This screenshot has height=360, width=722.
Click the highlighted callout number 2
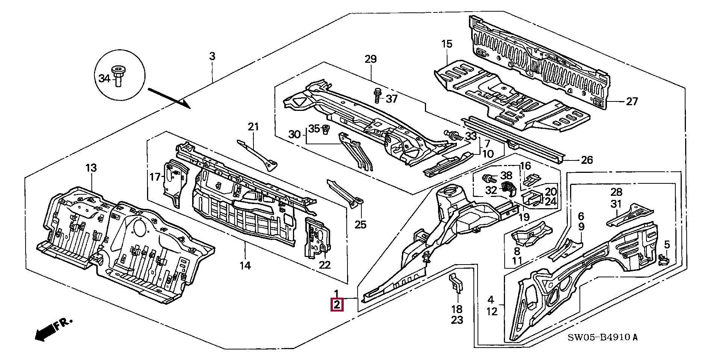(x=337, y=305)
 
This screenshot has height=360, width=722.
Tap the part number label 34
(x=104, y=79)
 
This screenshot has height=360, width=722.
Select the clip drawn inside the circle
(x=117, y=76)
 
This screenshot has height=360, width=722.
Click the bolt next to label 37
(x=377, y=95)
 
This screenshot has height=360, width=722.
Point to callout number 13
(x=91, y=168)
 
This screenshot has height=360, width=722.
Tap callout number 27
(x=632, y=101)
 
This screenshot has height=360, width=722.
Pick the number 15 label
(x=446, y=44)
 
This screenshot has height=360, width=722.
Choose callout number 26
(x=587, y=160)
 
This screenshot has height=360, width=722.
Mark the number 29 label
(x=370, y=59)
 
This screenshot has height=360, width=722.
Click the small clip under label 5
(x=663, y=260)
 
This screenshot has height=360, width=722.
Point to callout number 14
(x=245, y=266)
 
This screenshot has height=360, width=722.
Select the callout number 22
(x=325, y=265)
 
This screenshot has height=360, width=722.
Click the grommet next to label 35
(x=326, y=130)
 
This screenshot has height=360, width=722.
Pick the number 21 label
(x=253, y=127)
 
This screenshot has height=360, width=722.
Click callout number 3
(x=212, y=56)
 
